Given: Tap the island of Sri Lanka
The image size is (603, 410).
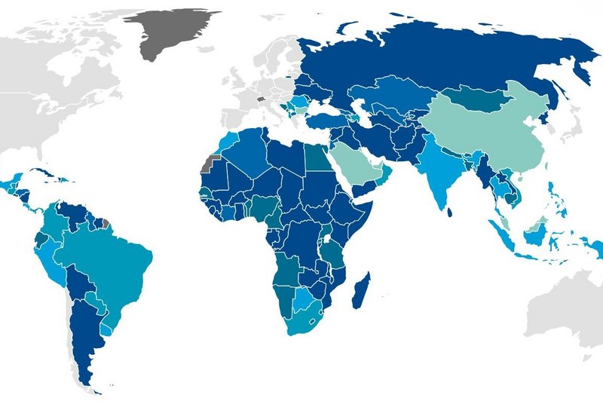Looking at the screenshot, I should coord(450,213).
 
